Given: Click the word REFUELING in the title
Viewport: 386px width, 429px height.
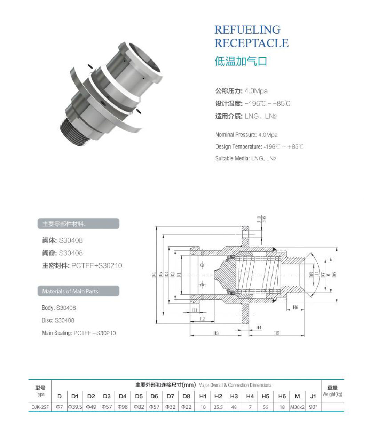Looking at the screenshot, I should (247, 30).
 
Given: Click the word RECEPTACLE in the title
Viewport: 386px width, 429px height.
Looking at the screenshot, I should (251, 43).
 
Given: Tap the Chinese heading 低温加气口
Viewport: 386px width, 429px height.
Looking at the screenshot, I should (241, 61).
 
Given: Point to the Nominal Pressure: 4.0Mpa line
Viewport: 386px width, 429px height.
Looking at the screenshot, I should (246, 135).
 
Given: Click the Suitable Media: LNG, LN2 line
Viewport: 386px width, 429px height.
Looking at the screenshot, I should (245, 158).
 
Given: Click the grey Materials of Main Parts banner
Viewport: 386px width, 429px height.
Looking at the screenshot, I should (78, 291).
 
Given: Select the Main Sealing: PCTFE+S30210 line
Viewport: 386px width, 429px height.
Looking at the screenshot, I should (79, 333).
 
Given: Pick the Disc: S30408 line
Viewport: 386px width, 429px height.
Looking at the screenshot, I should (58, 320).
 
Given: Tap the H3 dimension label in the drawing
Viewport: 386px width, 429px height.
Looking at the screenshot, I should (216, 333).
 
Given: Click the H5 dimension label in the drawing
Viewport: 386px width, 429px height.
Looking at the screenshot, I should (277, 333).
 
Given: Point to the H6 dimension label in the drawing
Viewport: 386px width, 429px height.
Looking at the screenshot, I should (296, 308).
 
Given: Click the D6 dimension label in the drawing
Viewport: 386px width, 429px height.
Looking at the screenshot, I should (334, 275).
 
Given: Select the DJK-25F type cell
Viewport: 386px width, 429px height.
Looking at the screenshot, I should (40, 407).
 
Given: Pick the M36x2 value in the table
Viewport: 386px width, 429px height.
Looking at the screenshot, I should (297, 407).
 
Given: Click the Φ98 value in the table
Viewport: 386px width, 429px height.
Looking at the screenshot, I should (123, 407).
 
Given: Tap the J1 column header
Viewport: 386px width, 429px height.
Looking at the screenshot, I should (313, 396).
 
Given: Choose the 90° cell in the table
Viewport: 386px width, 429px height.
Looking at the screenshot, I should (313, 407).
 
